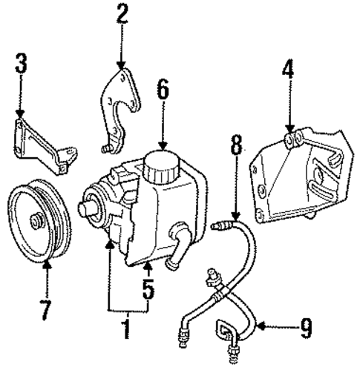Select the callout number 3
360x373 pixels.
(x=21, y=66)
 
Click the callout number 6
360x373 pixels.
(x=162, y=93)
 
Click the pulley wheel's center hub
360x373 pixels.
(x=36, y=219)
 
